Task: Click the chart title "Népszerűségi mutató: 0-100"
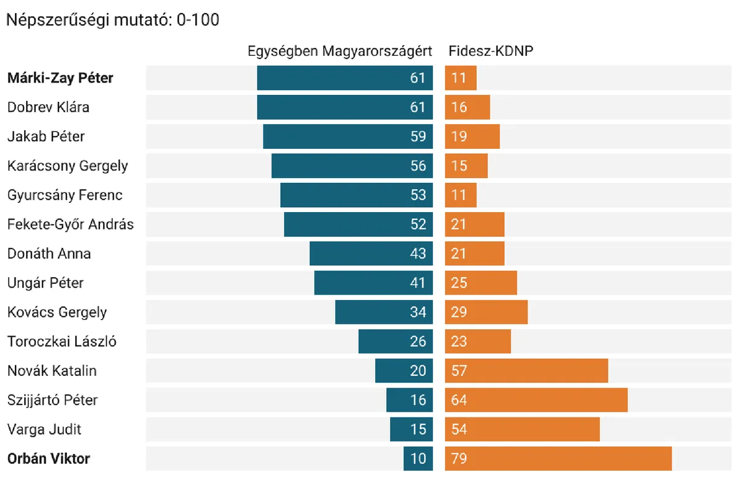coord(112,20)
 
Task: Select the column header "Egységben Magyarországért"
coord(340,51)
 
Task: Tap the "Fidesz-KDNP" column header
coord(491,51)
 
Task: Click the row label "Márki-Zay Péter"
coord(61,78)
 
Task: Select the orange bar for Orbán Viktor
coord(558,459)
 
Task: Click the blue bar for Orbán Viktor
coord(418,459)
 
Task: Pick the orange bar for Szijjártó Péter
coord(536,400)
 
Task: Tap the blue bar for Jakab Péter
coord(347,136)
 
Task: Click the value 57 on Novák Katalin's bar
coord(459,371)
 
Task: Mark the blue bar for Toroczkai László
coord(395,342)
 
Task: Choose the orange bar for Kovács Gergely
coord(486,313)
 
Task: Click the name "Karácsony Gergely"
coord(68,166)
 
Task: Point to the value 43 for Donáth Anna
coord(418,254)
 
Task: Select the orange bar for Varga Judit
coord(522,429)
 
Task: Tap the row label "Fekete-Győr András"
coord(70,224)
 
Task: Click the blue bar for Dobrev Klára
coord(344,107)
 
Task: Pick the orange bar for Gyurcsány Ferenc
coord(461,195)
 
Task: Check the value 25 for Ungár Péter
coord(459,283)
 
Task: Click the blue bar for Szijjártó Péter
coord(409,400)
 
